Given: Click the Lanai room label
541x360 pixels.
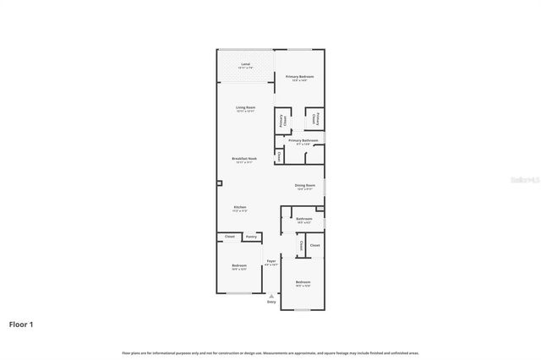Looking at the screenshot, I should [x=245, y=64].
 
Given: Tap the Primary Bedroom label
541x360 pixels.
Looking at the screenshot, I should [x=299, y=77].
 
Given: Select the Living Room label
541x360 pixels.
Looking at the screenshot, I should [x=245, y=107].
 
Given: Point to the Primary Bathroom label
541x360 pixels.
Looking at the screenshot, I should [x=303, y=140].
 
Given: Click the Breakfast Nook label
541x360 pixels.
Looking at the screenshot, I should [x=244, y=158].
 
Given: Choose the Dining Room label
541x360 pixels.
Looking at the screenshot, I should [x=305, y=185].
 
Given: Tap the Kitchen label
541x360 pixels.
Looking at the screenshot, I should [x=239, y=207].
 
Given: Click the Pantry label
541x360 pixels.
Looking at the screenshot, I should [x=251, y=237].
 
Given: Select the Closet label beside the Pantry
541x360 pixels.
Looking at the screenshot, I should [x=229, y=237].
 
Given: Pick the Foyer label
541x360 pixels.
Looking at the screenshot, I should [x=271, y=261].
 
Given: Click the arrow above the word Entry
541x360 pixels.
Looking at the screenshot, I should [x=271, y=295].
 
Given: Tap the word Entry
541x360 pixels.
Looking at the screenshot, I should [x=271, y=301].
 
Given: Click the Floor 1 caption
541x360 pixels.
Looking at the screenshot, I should [x=21, y=324].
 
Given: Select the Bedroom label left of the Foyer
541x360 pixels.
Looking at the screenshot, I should [x=239, y=266].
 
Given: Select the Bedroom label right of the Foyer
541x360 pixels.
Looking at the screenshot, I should [x=303, y=281].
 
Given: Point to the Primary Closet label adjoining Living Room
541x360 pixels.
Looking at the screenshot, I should [x=281, y=122].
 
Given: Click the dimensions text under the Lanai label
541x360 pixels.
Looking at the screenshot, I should [x=245, y=68].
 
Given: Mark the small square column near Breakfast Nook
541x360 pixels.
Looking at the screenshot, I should [x=219, y=183].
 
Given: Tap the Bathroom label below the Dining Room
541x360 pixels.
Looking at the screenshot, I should [x=304, y=219].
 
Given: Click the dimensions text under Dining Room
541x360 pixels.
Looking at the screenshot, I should [x=305, y=189].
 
